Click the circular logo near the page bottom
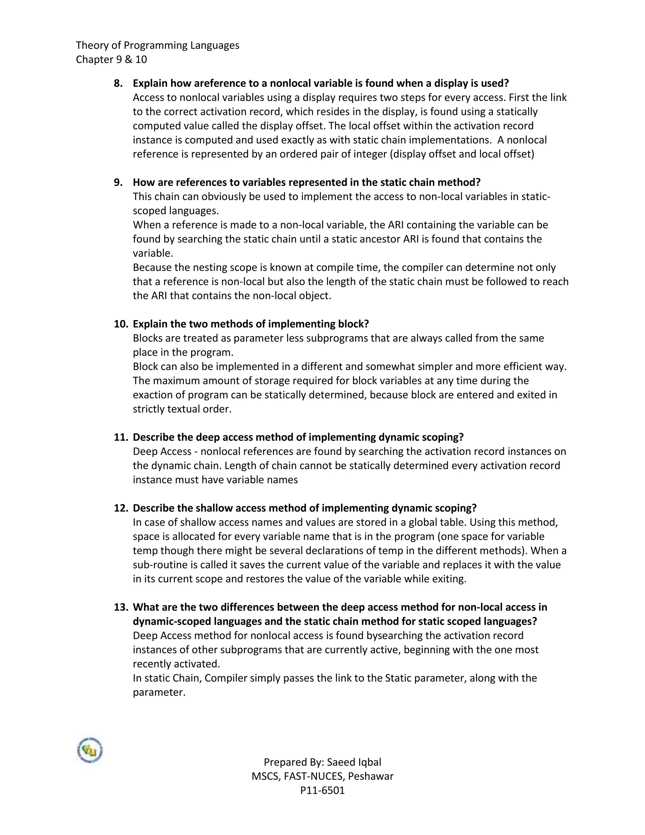pos(90,751)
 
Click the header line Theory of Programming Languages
pos(157,45)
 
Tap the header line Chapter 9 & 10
pos(111,59)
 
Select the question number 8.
pos(118,83)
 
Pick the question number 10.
pos(121,324)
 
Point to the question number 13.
pos(121,607)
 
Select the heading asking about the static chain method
pos(306,182)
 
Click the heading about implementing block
pos(251,324)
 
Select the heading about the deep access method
pos(298,437)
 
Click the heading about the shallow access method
pos(305,508)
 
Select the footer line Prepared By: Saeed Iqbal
pos(322,762)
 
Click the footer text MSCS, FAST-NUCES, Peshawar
pos(322,776)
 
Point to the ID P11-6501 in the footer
pos(322,790)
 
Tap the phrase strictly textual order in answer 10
pos(182,409)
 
